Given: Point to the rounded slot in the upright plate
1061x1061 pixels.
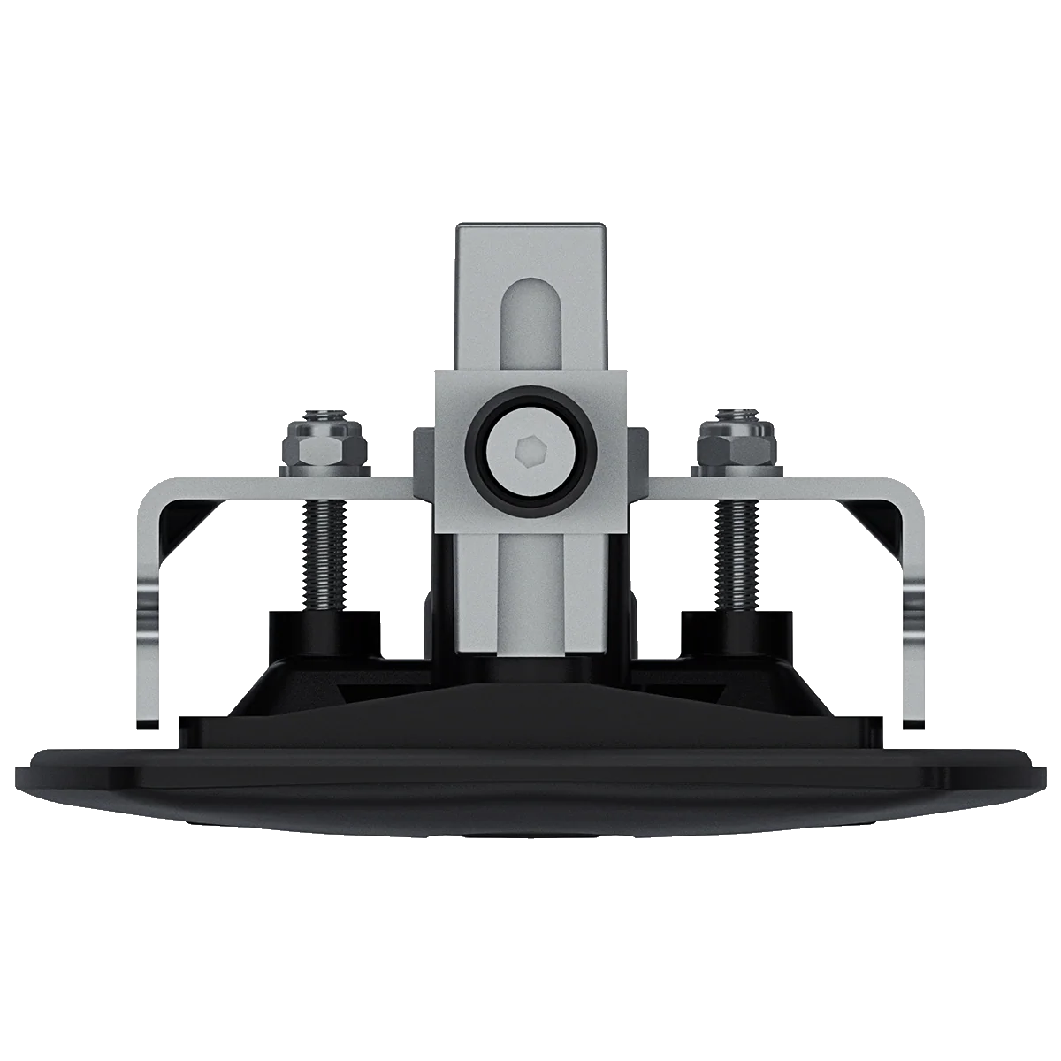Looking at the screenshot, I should tap(529, 323).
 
